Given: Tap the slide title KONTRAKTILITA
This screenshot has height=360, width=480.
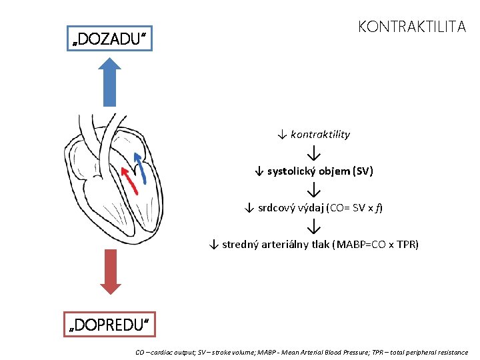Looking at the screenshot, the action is (x=411, y=27).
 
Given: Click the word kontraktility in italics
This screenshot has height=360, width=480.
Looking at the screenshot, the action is (x=320, y=135).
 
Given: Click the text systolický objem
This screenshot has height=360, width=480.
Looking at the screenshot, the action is (x=309, y=171).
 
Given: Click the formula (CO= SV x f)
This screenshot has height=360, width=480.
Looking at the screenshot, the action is (x=354, y=208).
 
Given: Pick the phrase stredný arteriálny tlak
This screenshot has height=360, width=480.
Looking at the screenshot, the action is (x=275, y=245).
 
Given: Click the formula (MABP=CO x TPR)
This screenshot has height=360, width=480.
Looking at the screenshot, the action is (x=375, y=245).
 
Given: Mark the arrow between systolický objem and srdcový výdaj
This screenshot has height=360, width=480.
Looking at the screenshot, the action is (x=313, y=190).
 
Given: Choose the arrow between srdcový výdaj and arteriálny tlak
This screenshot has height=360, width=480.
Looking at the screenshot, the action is (x=313, y=227).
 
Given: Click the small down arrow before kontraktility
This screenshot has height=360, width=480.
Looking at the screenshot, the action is (x=282, y=135).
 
